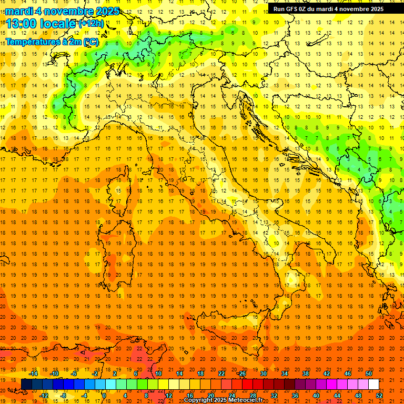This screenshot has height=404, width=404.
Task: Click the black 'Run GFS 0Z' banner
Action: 328,9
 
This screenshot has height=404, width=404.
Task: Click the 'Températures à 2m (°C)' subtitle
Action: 52,42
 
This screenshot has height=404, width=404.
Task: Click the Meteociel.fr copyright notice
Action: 224,400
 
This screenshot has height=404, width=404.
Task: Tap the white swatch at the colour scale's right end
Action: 373,385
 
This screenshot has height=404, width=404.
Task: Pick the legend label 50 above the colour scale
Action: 369,373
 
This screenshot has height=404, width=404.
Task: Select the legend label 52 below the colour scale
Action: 379,396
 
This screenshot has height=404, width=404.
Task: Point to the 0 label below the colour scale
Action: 105,396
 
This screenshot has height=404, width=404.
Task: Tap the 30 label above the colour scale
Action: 264,373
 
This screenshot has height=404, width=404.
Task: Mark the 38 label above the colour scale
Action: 306,373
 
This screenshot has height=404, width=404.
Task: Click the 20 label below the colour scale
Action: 211,396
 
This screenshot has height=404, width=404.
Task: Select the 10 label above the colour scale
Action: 158,373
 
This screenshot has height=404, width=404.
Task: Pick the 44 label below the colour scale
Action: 337,396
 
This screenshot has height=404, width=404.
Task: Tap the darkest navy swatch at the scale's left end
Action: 26,385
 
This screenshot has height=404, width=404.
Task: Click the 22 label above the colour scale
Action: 221,373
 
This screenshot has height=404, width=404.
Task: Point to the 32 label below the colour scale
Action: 274,396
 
